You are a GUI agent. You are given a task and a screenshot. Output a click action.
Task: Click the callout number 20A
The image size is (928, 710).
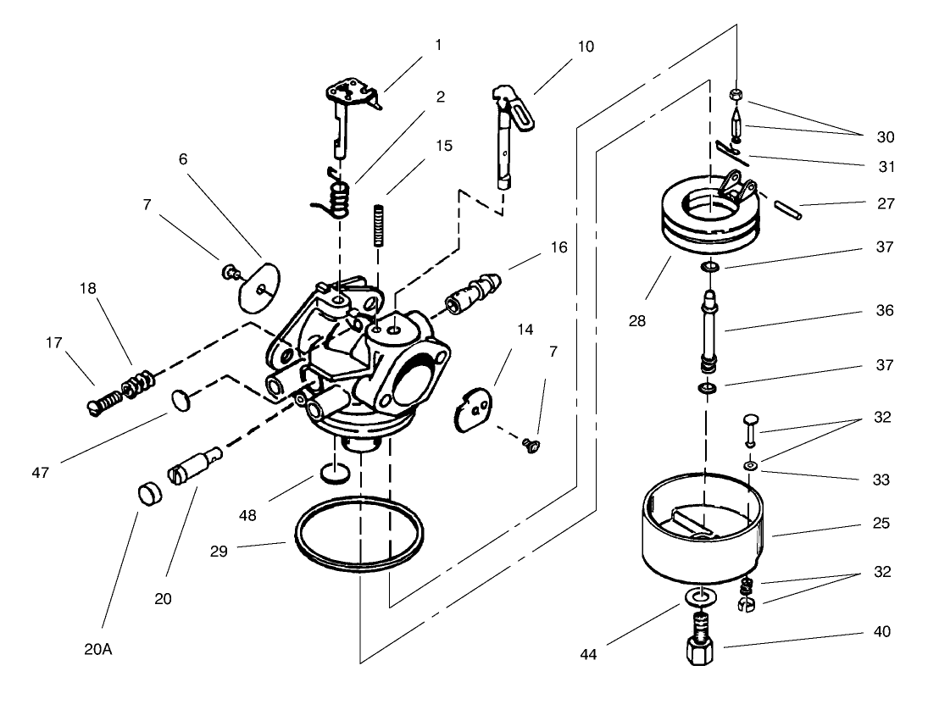pyautogui.click(x=98, y=650)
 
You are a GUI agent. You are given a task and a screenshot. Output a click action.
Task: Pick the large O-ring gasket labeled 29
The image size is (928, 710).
pyautogui.click(x=358, y=539)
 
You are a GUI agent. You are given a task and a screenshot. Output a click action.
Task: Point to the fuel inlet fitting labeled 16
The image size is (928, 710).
pyautogui.click(x=473, y=293)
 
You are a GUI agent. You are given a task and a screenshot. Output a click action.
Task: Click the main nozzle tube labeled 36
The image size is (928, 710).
pyautogui.click(x=709, y=330)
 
